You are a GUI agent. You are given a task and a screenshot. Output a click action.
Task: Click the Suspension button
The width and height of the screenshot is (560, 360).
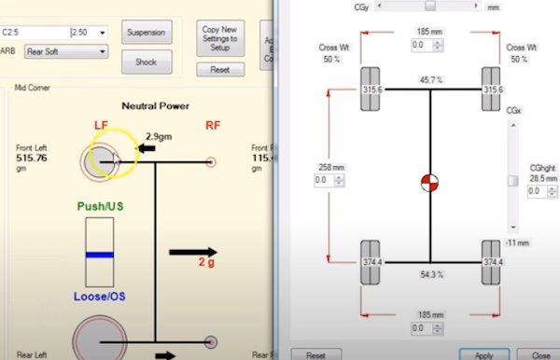coord(147,32)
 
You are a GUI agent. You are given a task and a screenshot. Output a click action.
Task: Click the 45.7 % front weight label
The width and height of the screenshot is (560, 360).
coord(429,81)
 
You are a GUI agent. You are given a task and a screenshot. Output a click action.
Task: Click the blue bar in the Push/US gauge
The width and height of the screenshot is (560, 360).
coord(99,254)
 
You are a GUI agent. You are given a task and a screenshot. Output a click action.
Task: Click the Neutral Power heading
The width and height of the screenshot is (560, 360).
coord(156,106)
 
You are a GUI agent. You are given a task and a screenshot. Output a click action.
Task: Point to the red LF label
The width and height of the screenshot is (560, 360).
coord(102,124)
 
